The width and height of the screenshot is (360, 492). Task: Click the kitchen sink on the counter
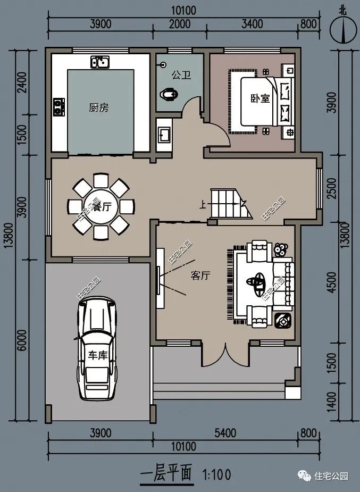100,62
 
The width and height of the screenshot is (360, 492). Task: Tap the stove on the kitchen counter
58,106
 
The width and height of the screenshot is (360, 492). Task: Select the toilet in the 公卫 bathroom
169,94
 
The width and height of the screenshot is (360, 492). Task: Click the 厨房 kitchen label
98,107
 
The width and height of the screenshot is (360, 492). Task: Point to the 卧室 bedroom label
260,98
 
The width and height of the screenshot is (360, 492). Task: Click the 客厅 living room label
200,276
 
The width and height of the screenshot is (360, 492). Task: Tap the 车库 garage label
97,355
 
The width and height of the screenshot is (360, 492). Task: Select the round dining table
101,207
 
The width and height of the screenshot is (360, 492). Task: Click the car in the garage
97,348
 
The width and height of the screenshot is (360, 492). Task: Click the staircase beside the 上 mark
230,203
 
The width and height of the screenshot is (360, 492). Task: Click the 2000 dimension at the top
180,24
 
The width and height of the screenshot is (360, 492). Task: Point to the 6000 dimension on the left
22,340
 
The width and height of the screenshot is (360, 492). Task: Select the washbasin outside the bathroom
164,134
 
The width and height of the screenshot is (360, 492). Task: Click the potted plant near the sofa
280,249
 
